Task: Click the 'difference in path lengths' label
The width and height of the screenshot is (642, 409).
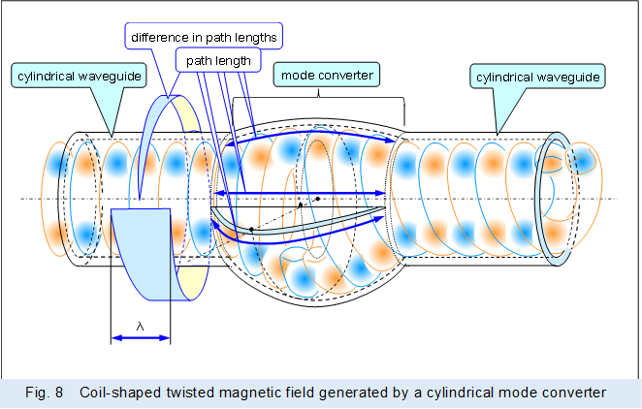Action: [x=203, y=37]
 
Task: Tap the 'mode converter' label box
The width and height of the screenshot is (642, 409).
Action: [x=326, y=74]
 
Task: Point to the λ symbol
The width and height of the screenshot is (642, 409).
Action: [x=141, y=327]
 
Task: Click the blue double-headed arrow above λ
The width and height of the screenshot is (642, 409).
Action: [x=141, y=338]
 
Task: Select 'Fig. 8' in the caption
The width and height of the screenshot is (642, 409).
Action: [x=45, y=393]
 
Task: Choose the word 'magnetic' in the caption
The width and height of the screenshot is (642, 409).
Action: [x=241, y=393]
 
